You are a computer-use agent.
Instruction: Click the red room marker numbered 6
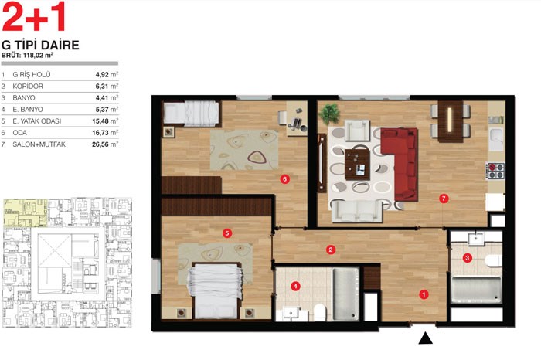click(284, 179)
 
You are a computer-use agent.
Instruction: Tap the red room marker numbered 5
click(226, 233)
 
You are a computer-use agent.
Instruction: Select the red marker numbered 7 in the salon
click(444, 199)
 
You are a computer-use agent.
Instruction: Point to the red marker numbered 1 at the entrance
click(424, 294)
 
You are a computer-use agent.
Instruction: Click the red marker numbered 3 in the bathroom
click(468, 257)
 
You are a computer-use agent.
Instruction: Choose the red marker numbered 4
click(295, 286)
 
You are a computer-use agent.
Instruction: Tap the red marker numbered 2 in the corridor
click(331, 250)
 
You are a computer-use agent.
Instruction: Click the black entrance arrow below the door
click(425, 338)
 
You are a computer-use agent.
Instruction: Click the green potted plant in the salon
click(329, 114)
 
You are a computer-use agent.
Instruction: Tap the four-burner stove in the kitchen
click(495, 171)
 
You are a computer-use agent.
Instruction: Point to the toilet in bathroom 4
click(320, 312)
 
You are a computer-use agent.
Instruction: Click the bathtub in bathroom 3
click(476, 289)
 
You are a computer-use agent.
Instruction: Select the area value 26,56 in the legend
click(100, 144)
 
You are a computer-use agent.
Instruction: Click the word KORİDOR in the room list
click(28, 87)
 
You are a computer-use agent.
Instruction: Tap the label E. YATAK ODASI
click(36, 121)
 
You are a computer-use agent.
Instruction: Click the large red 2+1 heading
click(33, 16)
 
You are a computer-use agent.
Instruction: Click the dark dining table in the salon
click(451, 121)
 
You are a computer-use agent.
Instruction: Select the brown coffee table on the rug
click(357, 165)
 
